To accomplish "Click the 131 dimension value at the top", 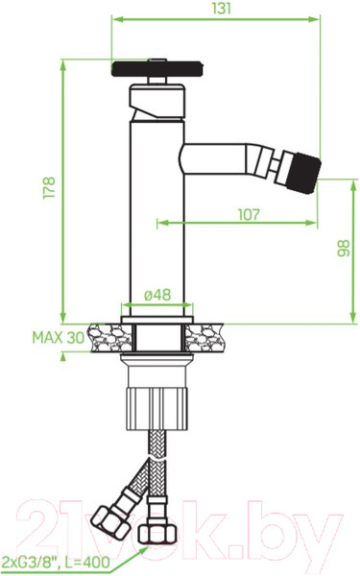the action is [222, 8].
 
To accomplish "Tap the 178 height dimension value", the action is [50, 188].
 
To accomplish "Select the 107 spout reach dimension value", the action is [249, 214].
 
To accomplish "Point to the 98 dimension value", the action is [344, 249].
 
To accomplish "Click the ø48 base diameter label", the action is [157, 295].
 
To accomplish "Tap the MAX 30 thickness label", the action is [59, 338].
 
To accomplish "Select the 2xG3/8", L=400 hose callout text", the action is [56, 562].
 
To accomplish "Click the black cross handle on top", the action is [157, 69].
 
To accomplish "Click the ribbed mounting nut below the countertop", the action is [157, 408].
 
